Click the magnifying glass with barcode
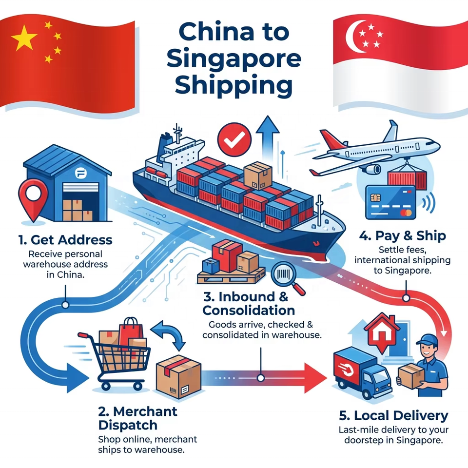tap(287, 278)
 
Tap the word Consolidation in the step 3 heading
tap(248, 310)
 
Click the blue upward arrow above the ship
tap(267, 132)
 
